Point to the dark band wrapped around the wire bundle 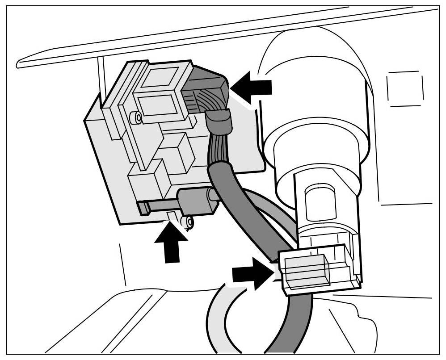click(x=219, y=122)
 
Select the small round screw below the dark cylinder click(x=190, y=221)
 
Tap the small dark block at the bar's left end click(x=143, y=208)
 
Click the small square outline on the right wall click(x=405, y=88)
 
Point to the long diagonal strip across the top click(x=223, y=38)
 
